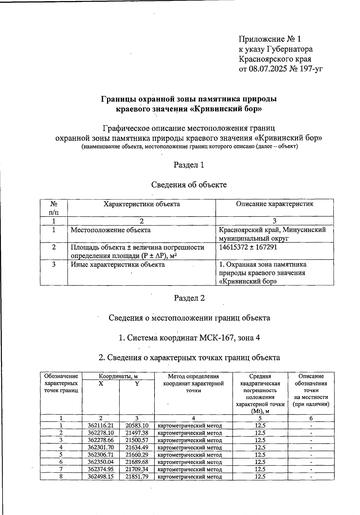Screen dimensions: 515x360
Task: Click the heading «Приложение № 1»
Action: (x=269, y=39)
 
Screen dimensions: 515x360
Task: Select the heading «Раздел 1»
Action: (x=189, y=165)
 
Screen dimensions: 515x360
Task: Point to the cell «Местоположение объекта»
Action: (x=110, y=230)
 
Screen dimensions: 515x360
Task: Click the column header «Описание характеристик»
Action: (x=274, y=204)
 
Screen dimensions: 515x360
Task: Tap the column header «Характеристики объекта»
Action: (x=141, y=204)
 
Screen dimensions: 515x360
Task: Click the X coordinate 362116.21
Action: (x=101, y=426)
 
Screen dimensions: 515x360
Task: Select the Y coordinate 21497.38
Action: (x=137, y=433)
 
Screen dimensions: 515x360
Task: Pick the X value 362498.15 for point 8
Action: (x=101, y=476)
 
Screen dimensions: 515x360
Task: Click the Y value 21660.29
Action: (x=137, y=455)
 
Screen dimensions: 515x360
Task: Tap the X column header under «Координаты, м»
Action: (x=101, y=384)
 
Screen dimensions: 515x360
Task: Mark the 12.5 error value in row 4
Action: (x=260, y=448)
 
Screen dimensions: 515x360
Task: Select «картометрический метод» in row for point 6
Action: (x=190, y=462)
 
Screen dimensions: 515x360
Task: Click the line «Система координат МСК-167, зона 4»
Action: (x=189, y=338)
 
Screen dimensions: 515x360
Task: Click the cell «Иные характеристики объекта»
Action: (x=118, y=265)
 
